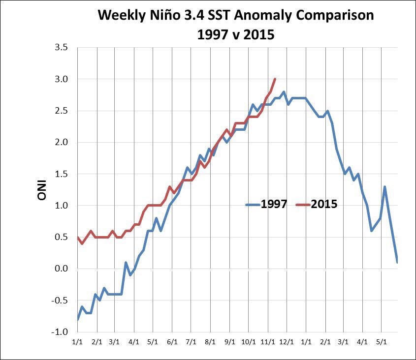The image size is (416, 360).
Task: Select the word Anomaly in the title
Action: pos(255,15)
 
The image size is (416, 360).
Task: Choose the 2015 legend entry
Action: pos(324,204)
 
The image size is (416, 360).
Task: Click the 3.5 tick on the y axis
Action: pos(62,48)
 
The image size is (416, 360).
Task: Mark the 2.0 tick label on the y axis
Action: pos(62,143)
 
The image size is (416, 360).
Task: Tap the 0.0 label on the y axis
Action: pos(62,269)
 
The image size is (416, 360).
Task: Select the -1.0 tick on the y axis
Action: pos(61,332)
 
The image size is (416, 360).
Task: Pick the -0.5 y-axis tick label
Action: pos(61,300)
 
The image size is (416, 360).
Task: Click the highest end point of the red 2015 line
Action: pos(275,79)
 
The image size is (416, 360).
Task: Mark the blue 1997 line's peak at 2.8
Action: pos(284,91)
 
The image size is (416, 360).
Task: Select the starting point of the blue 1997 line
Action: pos(78,320)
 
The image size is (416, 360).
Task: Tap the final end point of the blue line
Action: pos(397,262)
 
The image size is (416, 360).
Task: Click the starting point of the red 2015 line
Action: pos(78,237)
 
